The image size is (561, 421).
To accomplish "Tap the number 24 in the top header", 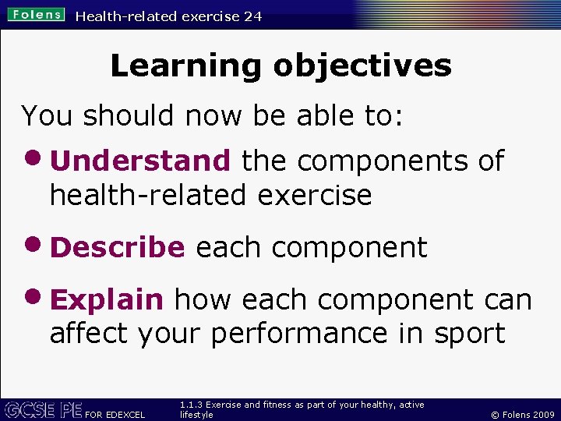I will (x=252, y=16).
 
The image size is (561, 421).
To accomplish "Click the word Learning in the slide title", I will (x=187, y=65).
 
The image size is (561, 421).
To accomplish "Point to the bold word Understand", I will (x=140, y=161).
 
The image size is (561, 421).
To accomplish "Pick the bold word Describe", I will (x=118, y=247).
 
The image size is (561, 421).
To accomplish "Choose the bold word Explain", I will (x=107, y=299).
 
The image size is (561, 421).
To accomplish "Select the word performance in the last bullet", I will (x=300, y=334).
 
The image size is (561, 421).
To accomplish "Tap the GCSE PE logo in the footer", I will (x=42, y=409).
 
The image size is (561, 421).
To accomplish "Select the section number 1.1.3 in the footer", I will (x=191, y=405).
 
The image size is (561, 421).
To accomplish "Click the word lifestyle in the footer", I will (x=196, y=416).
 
